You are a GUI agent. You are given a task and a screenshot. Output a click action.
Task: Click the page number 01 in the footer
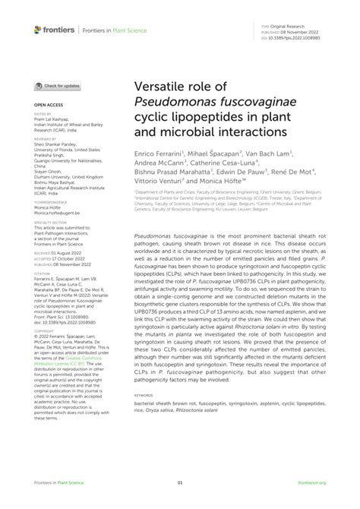180,482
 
